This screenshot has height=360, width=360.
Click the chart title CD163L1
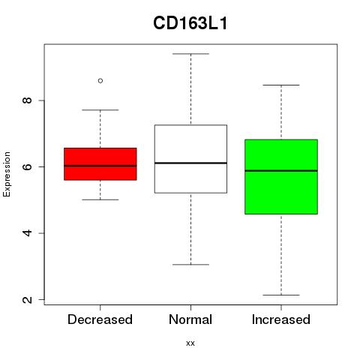tap(190, 23)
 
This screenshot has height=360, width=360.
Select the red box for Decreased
tap(100, 164)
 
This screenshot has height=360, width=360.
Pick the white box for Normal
tap(190, 159)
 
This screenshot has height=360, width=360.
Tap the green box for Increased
tap(281, 177)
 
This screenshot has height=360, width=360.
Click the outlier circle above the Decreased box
tap(100, 81)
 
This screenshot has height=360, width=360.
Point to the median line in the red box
tap(100, 166)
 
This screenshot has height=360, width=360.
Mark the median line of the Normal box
tap(190, 163)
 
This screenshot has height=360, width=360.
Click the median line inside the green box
tap(281, 171)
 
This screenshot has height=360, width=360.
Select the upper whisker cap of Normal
tap(190, 54)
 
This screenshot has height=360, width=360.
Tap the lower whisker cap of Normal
tap(190, 265)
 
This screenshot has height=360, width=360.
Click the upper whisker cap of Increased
tap(281, 85)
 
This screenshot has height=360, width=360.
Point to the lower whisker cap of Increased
tap(281, 295)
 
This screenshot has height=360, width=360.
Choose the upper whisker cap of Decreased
tap(100, 109)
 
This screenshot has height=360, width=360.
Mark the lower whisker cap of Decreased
tap(100, 199)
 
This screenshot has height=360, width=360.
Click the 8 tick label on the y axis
tap(27, 100)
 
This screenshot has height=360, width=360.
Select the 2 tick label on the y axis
tap(27, 299)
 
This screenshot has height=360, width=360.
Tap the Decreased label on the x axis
tap(100, 319)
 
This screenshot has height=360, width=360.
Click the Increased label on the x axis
tap(281, 319)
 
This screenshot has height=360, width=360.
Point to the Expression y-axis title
tap(7, 174)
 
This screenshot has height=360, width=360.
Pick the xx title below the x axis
tap(190, 343)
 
